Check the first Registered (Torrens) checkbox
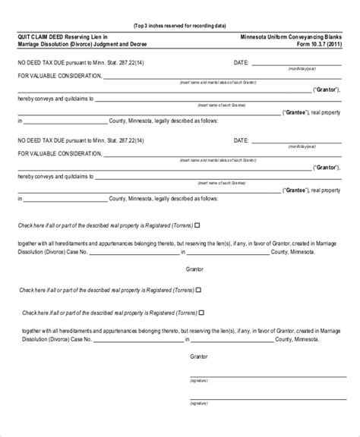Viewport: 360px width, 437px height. coord(197,225)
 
